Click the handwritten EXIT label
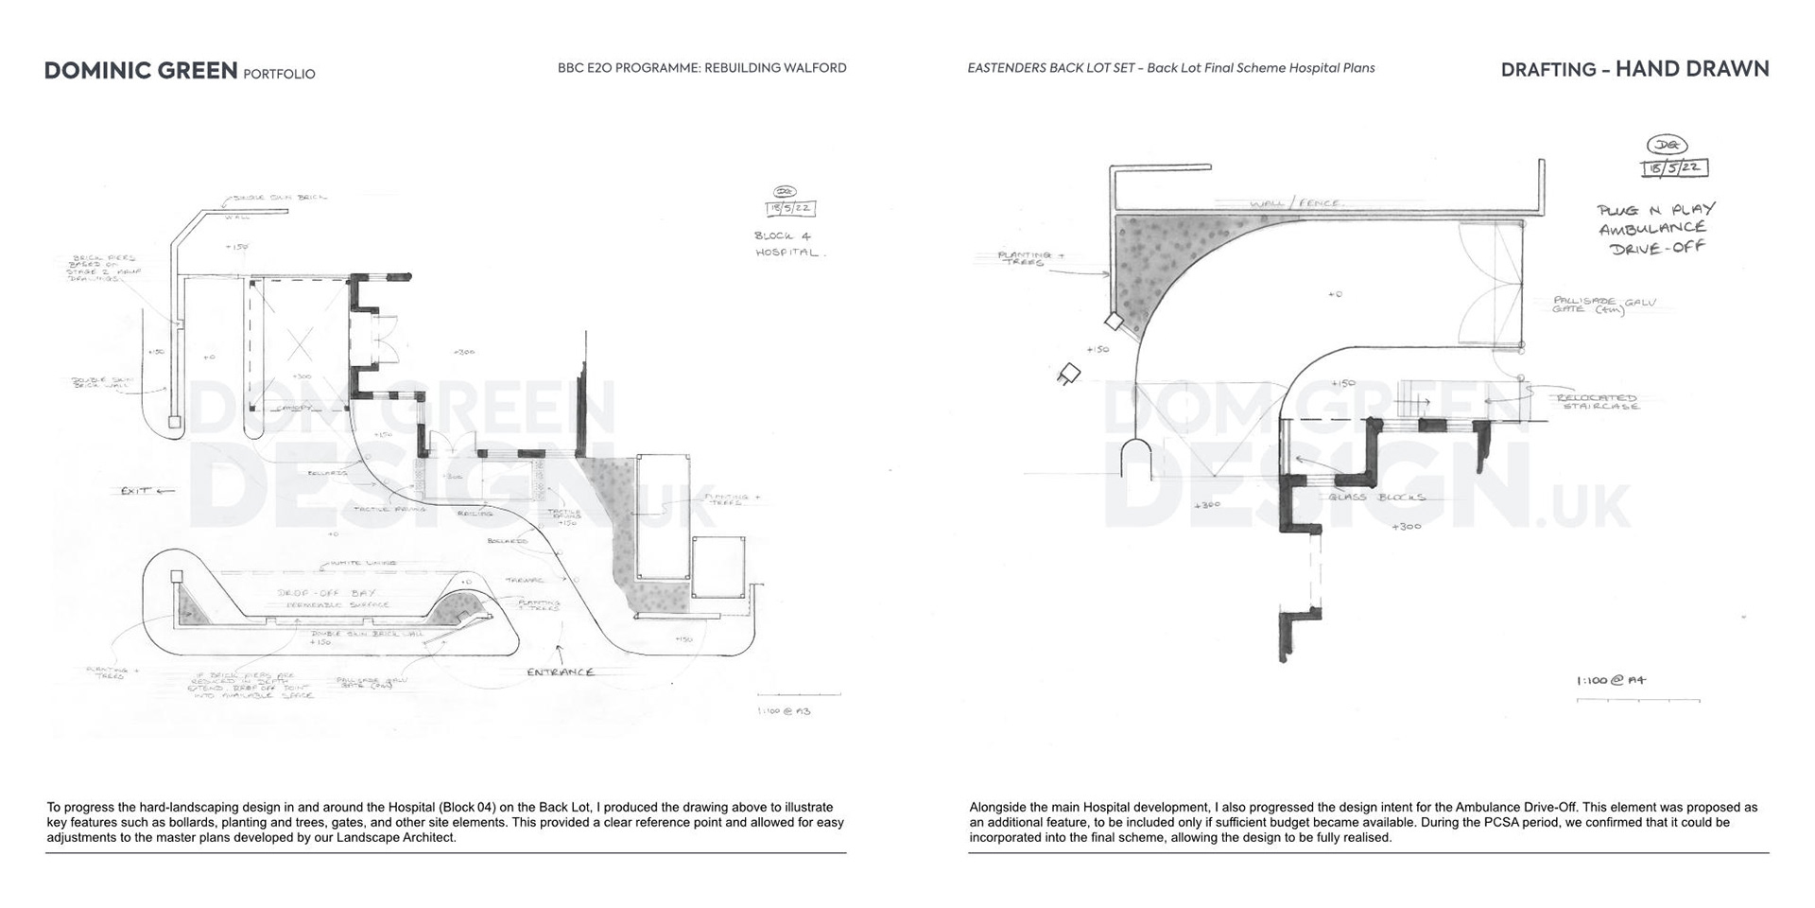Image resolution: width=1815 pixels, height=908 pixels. tap(136, 491)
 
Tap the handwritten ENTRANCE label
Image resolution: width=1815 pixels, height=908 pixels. tap(561, 672)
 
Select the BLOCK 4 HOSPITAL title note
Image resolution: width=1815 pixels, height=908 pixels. tap(789, 244)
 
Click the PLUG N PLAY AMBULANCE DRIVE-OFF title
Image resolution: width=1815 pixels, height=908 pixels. tap(1655, 228)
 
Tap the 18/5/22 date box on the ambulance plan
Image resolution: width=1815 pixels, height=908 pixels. tap(1674, 168)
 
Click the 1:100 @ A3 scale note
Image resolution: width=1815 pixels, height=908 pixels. tap(783, 710)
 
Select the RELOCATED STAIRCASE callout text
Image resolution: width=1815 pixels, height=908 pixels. tap(1597, 402)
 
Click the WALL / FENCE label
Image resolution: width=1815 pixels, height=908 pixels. tap(1295, 203)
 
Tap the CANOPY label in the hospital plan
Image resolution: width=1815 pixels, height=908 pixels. tap(292, 409)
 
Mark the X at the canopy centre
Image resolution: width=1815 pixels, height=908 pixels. tap(300, 347)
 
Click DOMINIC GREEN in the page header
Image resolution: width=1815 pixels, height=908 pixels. tap(141, 71)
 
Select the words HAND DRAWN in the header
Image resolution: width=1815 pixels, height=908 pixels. tap(1691, 69)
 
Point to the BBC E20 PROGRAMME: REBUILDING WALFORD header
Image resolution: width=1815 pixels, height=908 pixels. tap(701, 68)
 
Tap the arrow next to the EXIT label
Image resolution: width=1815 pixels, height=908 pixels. tap(165, 491)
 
